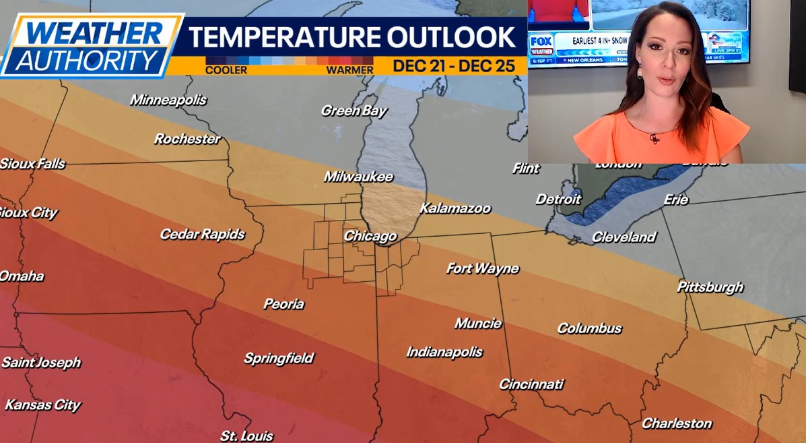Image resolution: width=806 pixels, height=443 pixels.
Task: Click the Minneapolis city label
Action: pos(168,100)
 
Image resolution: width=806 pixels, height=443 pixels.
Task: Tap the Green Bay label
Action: pos(354,111)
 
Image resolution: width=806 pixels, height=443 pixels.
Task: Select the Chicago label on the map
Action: pos(370,236)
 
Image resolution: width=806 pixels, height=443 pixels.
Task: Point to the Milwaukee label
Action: pos(358,177)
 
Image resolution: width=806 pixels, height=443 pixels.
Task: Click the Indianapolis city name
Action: pos(444,352)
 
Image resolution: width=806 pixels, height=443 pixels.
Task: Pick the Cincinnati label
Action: pos(531,384)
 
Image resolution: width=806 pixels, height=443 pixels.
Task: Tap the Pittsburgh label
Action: pos(710,287)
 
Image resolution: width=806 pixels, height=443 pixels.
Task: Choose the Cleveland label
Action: pos(624,237)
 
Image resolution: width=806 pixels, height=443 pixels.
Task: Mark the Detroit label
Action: pos(558,199)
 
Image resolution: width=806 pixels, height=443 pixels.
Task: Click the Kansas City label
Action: pos(42,405)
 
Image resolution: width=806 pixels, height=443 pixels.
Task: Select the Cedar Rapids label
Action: pos(202,234)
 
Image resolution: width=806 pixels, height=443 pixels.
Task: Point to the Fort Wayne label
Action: pos(482,268)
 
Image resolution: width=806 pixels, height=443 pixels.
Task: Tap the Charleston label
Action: pos(677,423)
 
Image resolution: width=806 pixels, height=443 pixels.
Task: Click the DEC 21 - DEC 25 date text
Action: pos(454,66)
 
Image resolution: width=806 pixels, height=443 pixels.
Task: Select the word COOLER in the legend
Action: pos(226,70)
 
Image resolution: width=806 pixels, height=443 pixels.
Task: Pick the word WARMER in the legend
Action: pos(349,70)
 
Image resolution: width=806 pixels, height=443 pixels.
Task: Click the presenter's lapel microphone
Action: pos(654,138)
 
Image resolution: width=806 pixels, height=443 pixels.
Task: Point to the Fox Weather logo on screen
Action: pos(541,42)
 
